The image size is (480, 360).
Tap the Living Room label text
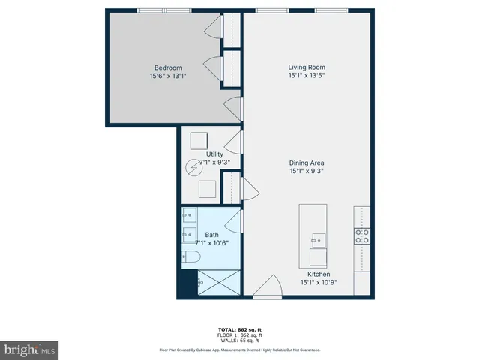coord(306,67)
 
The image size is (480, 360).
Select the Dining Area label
coord(307,163)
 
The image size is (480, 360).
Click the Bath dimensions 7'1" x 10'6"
coord(211,243)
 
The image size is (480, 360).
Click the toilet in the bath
coord(190,256)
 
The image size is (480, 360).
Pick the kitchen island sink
coord(319,240)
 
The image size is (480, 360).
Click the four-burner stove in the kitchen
coord(362,236)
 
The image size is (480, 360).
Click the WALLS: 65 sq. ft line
coord(239,340)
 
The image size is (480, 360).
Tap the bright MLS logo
coord(30,350)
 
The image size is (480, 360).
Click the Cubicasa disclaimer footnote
coord(239,349)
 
